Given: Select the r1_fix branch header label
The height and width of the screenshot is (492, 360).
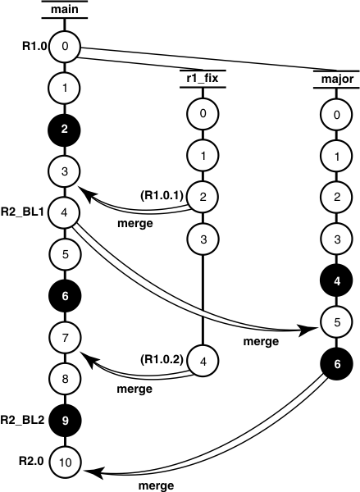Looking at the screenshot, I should coord(202,80).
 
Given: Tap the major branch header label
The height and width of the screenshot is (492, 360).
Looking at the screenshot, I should coord(334,80).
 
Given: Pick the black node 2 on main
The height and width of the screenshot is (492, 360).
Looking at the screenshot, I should coord(65,128).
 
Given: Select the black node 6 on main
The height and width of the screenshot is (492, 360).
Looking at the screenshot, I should coord(65,295).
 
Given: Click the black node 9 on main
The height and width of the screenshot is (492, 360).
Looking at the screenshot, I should coord(65,421).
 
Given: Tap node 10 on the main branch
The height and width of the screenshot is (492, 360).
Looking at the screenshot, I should coord(65,463).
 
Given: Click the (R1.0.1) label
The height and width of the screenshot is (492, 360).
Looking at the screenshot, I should coord(162,194).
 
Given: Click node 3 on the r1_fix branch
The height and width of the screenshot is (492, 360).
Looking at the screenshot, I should coord(202,239).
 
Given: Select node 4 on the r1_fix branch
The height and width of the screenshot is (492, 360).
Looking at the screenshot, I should coord(202,360).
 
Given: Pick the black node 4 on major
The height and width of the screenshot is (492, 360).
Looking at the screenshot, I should coord(334,280).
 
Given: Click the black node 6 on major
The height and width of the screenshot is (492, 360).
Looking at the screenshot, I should coord(334,364).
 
